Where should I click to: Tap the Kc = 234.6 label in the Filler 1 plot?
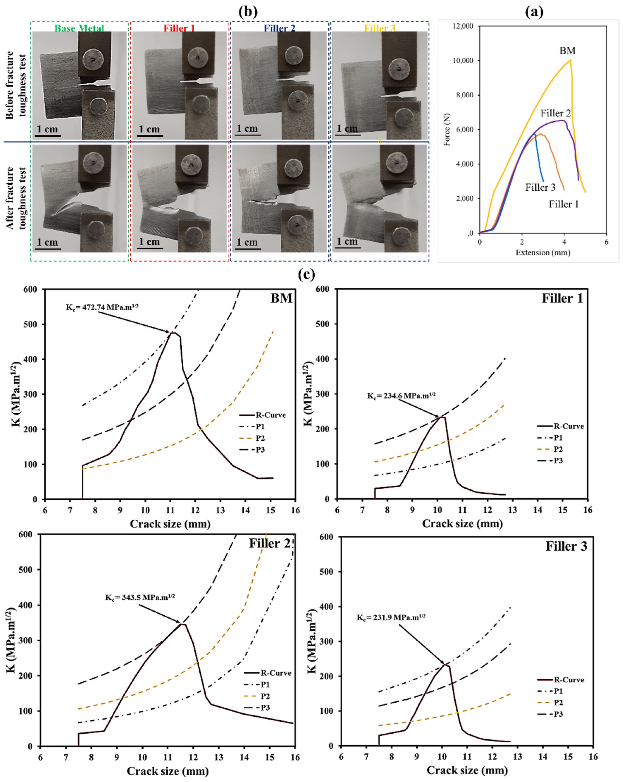coord(401,395)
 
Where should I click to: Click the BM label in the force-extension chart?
coord(567,51)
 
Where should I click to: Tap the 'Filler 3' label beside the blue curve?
coord(540,188)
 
